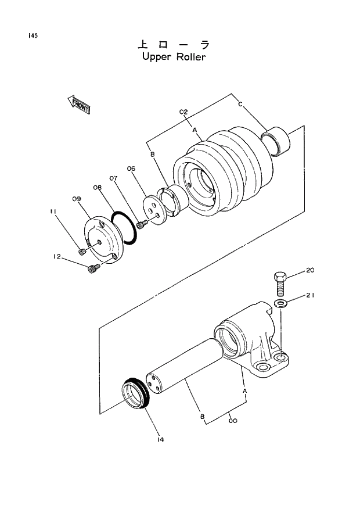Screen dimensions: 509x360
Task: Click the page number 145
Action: pyautogui.click(x=32, y=36)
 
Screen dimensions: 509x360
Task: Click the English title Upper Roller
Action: pyautogui.click(x=174, y=58)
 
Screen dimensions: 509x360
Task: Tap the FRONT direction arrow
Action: pyautogui.click(x=78, y=105)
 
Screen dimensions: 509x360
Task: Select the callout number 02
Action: pyautogui.click(x=183, y=111)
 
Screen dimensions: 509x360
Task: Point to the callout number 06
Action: pyautogui.click(x=131, y=169)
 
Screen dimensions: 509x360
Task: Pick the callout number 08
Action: pyautogui.click(x=96, y=187)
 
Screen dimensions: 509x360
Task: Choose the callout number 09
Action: pyautogui.click(x=76, y=199)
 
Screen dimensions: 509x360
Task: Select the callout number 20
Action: pyautogui.click(x=309, y=270)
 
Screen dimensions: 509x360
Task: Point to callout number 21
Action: pyautogui.click(x=311, y=295)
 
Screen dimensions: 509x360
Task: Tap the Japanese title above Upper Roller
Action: pyautogui.click(x=173, y=45)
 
